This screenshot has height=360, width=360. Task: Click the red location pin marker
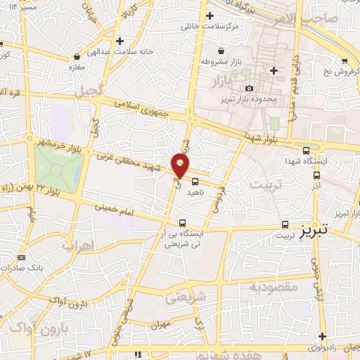[181, 166]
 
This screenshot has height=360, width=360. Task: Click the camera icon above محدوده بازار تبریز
[249, 88]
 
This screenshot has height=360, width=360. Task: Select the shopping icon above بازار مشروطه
[221, 51]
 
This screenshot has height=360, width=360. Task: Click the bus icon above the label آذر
[316, 176]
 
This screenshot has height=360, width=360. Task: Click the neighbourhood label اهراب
[77, 246]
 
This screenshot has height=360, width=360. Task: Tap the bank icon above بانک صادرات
[21, 257]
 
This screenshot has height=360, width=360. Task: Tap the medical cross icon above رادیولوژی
[321, 336]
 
